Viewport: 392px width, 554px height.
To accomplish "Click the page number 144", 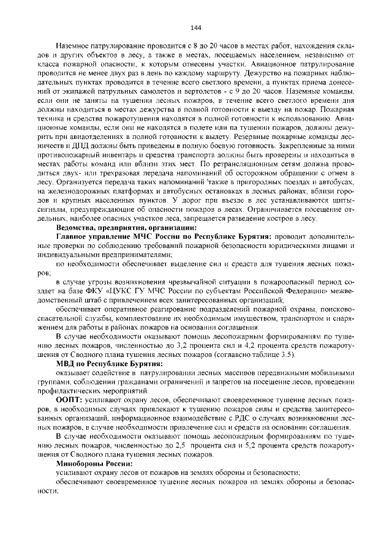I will (x=196, y=28).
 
